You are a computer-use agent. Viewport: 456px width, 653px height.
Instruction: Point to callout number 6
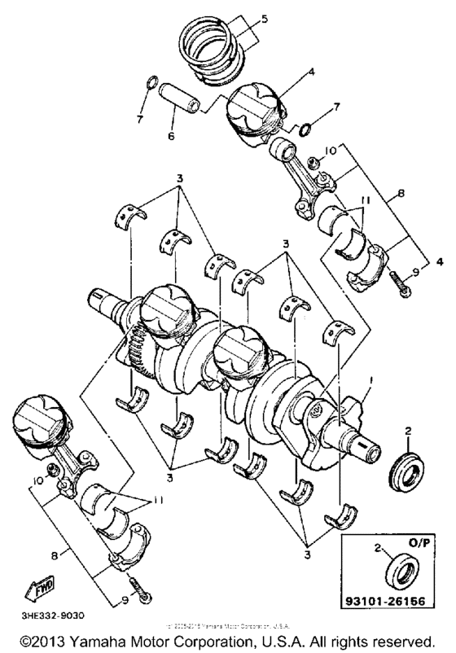(x=171, y=136)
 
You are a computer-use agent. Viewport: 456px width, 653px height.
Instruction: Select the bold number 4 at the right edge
(x=440, y=263)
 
